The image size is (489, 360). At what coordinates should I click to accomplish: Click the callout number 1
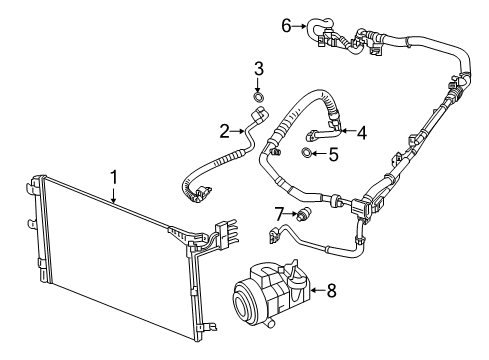click(x=114, y=177)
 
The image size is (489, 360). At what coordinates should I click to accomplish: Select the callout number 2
click(x=226, y=129)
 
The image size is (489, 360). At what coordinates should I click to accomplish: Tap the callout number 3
click(x=257, y=68)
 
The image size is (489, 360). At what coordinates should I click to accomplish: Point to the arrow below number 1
click(x=116, y=195)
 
